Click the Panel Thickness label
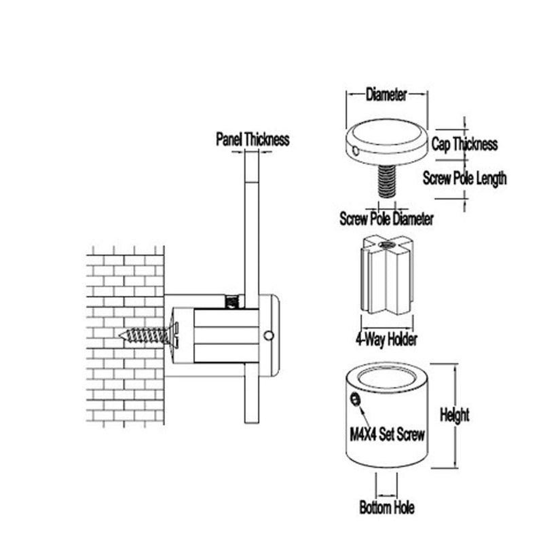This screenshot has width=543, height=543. click(252, 139)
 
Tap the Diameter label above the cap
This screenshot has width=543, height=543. click(386, 94)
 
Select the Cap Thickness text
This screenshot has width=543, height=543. click(464, 144)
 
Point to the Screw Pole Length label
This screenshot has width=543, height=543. click(464, 179)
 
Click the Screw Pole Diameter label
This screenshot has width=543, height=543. click(386, 219)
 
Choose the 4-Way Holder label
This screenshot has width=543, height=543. click(386, 339)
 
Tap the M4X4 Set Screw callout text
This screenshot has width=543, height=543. click(387, 434)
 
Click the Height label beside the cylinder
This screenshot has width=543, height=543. click(454, 415)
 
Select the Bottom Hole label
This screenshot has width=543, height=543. click(387, 508)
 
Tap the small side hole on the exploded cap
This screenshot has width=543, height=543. click(355, 151)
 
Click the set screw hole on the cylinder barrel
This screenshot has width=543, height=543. click(355, 400)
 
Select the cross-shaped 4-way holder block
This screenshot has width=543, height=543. click(387, 274)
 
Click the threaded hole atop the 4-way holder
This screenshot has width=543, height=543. click(387, 245)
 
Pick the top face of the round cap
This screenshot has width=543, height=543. click(386, 132)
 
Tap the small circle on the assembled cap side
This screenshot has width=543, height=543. click(268, 335)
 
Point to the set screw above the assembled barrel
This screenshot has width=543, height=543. click(232, 301)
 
